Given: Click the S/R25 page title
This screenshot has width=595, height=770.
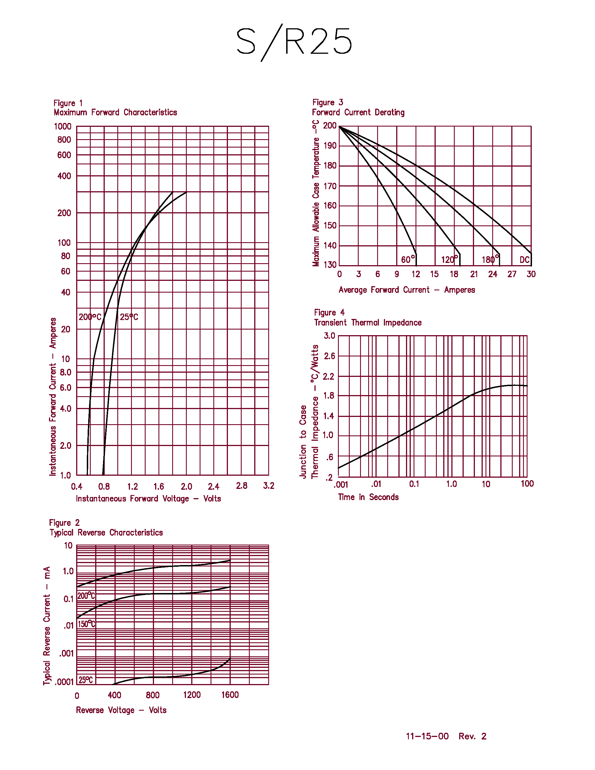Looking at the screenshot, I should [x=294, y=42].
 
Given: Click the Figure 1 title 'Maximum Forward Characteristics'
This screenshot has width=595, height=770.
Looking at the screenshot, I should [x=115, y=113].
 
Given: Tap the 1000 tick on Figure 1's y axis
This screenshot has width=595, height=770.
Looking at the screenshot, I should [x=63, y=127].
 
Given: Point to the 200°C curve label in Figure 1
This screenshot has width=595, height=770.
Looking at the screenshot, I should [x=90, y=317].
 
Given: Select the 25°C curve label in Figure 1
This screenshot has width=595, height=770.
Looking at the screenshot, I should [x=129, y=317].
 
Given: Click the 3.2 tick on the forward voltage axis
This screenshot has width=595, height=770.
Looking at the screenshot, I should [x=269, y=486].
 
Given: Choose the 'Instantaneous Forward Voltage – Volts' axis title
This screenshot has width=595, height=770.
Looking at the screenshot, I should [x=148, y=498].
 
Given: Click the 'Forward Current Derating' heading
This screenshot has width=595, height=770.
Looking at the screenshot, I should [x=358, y=113].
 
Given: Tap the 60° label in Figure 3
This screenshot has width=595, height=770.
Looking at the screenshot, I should [x=408, y=260].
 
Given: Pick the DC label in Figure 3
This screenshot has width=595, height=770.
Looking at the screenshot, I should [x=524, y=260].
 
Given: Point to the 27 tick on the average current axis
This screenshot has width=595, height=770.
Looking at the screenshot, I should [x=512, y=274].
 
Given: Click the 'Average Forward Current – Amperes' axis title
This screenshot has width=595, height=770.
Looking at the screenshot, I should [x=407, y=290].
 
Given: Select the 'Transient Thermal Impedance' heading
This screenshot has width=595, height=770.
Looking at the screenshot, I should [x=368, y=323].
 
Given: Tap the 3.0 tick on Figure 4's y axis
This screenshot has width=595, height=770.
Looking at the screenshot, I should [x=330, y=336].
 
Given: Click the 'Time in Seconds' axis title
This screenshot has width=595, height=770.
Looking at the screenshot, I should [x=368, y=497].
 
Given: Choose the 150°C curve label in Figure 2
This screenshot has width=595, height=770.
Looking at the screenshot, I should [x=86, y=624].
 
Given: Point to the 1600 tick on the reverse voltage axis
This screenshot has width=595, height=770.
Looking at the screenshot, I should [x=230, y=695].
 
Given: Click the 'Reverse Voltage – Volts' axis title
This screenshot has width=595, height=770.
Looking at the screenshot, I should [x=121, y=710].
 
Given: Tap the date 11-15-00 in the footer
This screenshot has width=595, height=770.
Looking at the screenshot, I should [x=427, y=736].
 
